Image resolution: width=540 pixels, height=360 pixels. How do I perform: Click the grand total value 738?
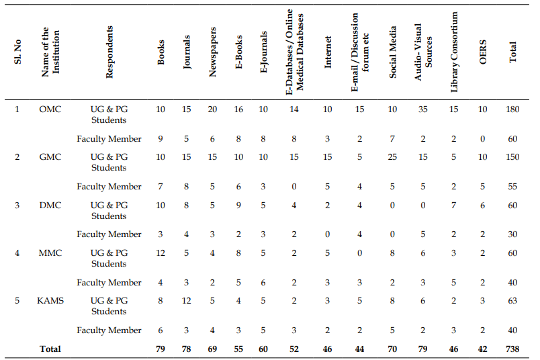point(512,349)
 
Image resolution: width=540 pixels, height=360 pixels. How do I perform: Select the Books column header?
point(161,52)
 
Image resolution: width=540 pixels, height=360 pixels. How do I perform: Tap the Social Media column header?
point(392,52)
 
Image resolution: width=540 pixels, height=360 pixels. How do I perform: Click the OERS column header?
point(482,52)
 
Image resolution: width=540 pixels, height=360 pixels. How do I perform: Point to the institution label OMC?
point(50,109)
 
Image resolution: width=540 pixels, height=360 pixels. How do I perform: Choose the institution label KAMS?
point(50,301)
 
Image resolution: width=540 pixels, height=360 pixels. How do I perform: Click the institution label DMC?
point(50,206)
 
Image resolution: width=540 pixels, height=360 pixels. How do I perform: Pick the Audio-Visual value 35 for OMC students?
point(422,109)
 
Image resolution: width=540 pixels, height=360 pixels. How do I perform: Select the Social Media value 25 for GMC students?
point(392,157)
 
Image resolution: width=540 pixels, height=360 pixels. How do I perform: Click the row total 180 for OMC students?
point(512,109)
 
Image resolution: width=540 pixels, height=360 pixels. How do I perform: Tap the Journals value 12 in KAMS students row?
point(186,301)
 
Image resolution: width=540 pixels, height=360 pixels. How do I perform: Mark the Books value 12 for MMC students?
point(161,253)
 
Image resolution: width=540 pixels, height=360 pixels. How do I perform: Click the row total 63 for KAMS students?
point(512,301)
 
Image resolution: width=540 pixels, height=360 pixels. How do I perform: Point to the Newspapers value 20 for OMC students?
point(212,109)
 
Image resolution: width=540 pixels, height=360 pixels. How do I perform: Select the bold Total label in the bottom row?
point(50,349)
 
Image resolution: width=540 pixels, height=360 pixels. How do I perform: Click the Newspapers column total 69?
point(212,349)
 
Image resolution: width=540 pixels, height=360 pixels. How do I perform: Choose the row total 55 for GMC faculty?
point(512,186)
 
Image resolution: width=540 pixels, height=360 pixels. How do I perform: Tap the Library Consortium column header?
point(454,52)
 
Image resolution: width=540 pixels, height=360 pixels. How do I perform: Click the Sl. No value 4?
point(17,253)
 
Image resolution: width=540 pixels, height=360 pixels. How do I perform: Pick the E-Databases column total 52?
point(294,349)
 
